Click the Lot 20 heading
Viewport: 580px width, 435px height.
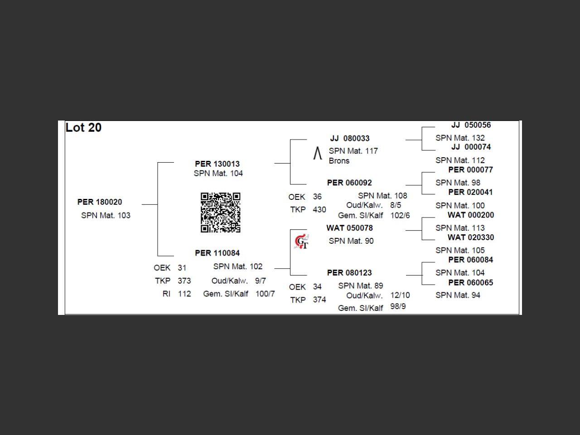click(x=83, y=128)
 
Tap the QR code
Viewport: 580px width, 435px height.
click(x=220, y=212)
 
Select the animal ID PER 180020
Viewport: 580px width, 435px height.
click(x=100, y=202)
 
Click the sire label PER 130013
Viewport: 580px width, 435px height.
click(x=217, y=164)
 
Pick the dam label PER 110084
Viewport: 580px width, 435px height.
click(x=217, y=253)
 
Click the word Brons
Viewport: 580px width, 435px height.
click(x=339, y=161)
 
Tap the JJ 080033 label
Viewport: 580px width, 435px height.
click(x=350, y=138)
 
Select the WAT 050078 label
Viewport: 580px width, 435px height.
click(x=349, y=228)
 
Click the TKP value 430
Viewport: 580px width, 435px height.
click(x=319, y=210)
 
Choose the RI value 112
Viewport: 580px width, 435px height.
click(x=184, y=294)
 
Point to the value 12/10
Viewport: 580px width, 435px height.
click(x=400, y=295)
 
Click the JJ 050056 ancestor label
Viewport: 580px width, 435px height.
click(x=471, y=125)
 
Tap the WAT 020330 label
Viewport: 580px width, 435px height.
click(x=471, y=237)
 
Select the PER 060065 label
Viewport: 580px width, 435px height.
click(x=470, y=283)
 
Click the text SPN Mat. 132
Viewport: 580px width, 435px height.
click(x=460, y=138)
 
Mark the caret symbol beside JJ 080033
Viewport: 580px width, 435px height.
click(x=318, y=154)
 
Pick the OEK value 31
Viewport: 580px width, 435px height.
click(x=182, y=268)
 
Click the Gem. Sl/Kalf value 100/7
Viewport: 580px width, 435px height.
click(x=265, y=294)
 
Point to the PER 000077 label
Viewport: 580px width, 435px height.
click(x=470, y=170)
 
